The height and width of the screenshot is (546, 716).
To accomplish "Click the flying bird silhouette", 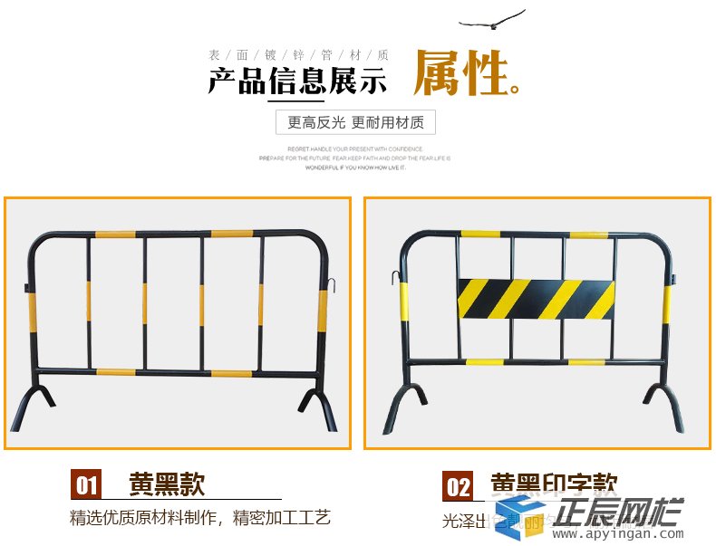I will (x=492, y=21).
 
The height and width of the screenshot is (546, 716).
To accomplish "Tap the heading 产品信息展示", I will (x=297, y=82).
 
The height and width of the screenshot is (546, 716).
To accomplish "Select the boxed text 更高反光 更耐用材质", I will (x=355, y=122).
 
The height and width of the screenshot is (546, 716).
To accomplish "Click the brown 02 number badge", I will (x=458, y=487).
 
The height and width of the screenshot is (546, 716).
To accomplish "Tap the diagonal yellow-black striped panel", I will (x=536, y=299).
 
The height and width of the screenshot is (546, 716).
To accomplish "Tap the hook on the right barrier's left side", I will (x=395, y=275).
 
